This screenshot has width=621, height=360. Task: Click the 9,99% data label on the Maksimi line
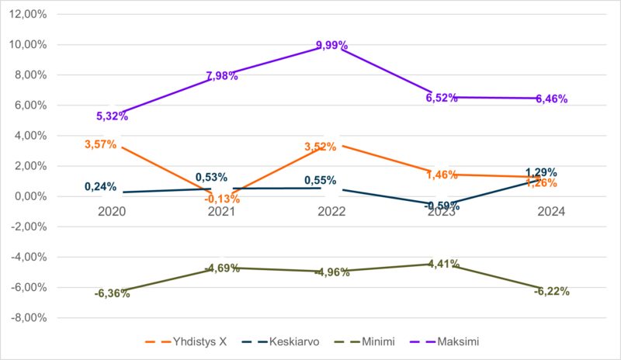pyautogui.click(x=332, y=46)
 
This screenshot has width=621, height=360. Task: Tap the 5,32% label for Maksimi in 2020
pyautogui.click(x=112, y=116)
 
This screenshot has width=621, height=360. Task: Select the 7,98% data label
pyautogui.click(x=222, y=76)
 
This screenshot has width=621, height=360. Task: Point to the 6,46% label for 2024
pyautogui.click(x=552, y=99)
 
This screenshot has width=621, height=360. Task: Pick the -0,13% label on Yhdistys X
pyautogui.click(x=223, y=199)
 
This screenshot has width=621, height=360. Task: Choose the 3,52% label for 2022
pyautogui.click(x=321, y=146)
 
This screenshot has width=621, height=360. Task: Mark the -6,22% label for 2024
pyautogui.click(x=552, y=292)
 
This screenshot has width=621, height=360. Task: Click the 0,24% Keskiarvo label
pyautogui.click(x=101, y=186)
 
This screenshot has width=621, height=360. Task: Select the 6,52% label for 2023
pyautogui.click(x=442, y=98)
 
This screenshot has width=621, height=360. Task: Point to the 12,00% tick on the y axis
pyautogui.click(x=26, y=15)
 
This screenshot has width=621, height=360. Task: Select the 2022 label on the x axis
pyautogui.click(x=331, y=212)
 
